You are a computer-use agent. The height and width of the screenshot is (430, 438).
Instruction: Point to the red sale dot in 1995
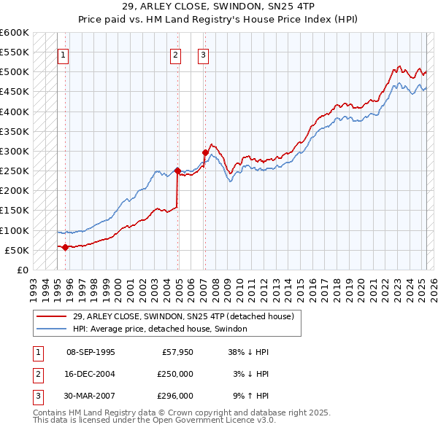pyautogui.click(x=65, y=247)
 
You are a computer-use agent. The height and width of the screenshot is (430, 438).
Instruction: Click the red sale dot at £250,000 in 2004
pyautogui.click(x=177, y=171)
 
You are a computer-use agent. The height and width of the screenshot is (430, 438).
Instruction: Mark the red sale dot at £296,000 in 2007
pyautogui.click(x=205, y=152)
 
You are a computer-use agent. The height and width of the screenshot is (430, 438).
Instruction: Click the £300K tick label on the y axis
pyautogui.click(x=15, y=152)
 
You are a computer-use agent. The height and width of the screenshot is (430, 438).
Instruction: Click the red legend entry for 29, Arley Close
pyautogui.click(x=182, y=316)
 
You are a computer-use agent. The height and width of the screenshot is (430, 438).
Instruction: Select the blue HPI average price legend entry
pyautogui.click(x=160, y=329)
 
